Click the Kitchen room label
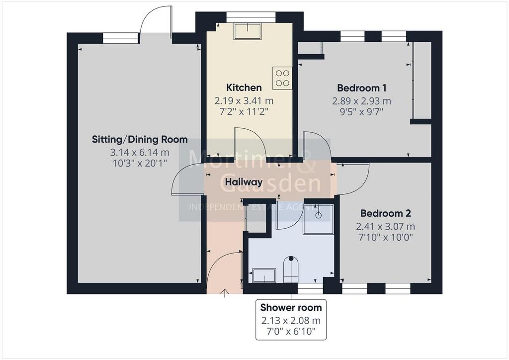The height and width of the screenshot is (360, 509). pos(244,88)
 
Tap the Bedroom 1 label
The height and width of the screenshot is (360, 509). pos(362,88)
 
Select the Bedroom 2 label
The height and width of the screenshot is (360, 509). pos(386,213)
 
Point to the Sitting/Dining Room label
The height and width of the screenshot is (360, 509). pos(140,140)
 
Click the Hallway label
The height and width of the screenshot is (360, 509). pos(244,182)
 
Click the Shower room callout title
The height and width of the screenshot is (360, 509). pos(291,307)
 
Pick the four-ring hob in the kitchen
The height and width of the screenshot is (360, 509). pos(282,78)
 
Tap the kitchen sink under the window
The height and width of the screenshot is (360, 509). pos(248,31)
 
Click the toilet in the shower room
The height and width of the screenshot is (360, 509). pos(290,270)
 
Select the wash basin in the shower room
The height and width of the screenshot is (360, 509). pos(264,275)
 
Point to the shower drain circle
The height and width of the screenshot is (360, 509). pos(319,215)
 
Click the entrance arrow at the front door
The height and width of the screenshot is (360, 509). pos(224,293)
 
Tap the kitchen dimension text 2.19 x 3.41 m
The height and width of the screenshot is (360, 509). pos(244,101)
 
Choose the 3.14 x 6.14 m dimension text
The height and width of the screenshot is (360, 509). pos(140,152)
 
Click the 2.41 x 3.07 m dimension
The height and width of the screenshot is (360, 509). pos(386,226)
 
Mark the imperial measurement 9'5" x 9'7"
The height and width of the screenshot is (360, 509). pos(362,112)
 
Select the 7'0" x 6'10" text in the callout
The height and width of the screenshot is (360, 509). pos(291,332)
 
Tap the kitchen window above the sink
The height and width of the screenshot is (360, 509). pos(251,17)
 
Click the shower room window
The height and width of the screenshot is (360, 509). pos(310,288)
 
